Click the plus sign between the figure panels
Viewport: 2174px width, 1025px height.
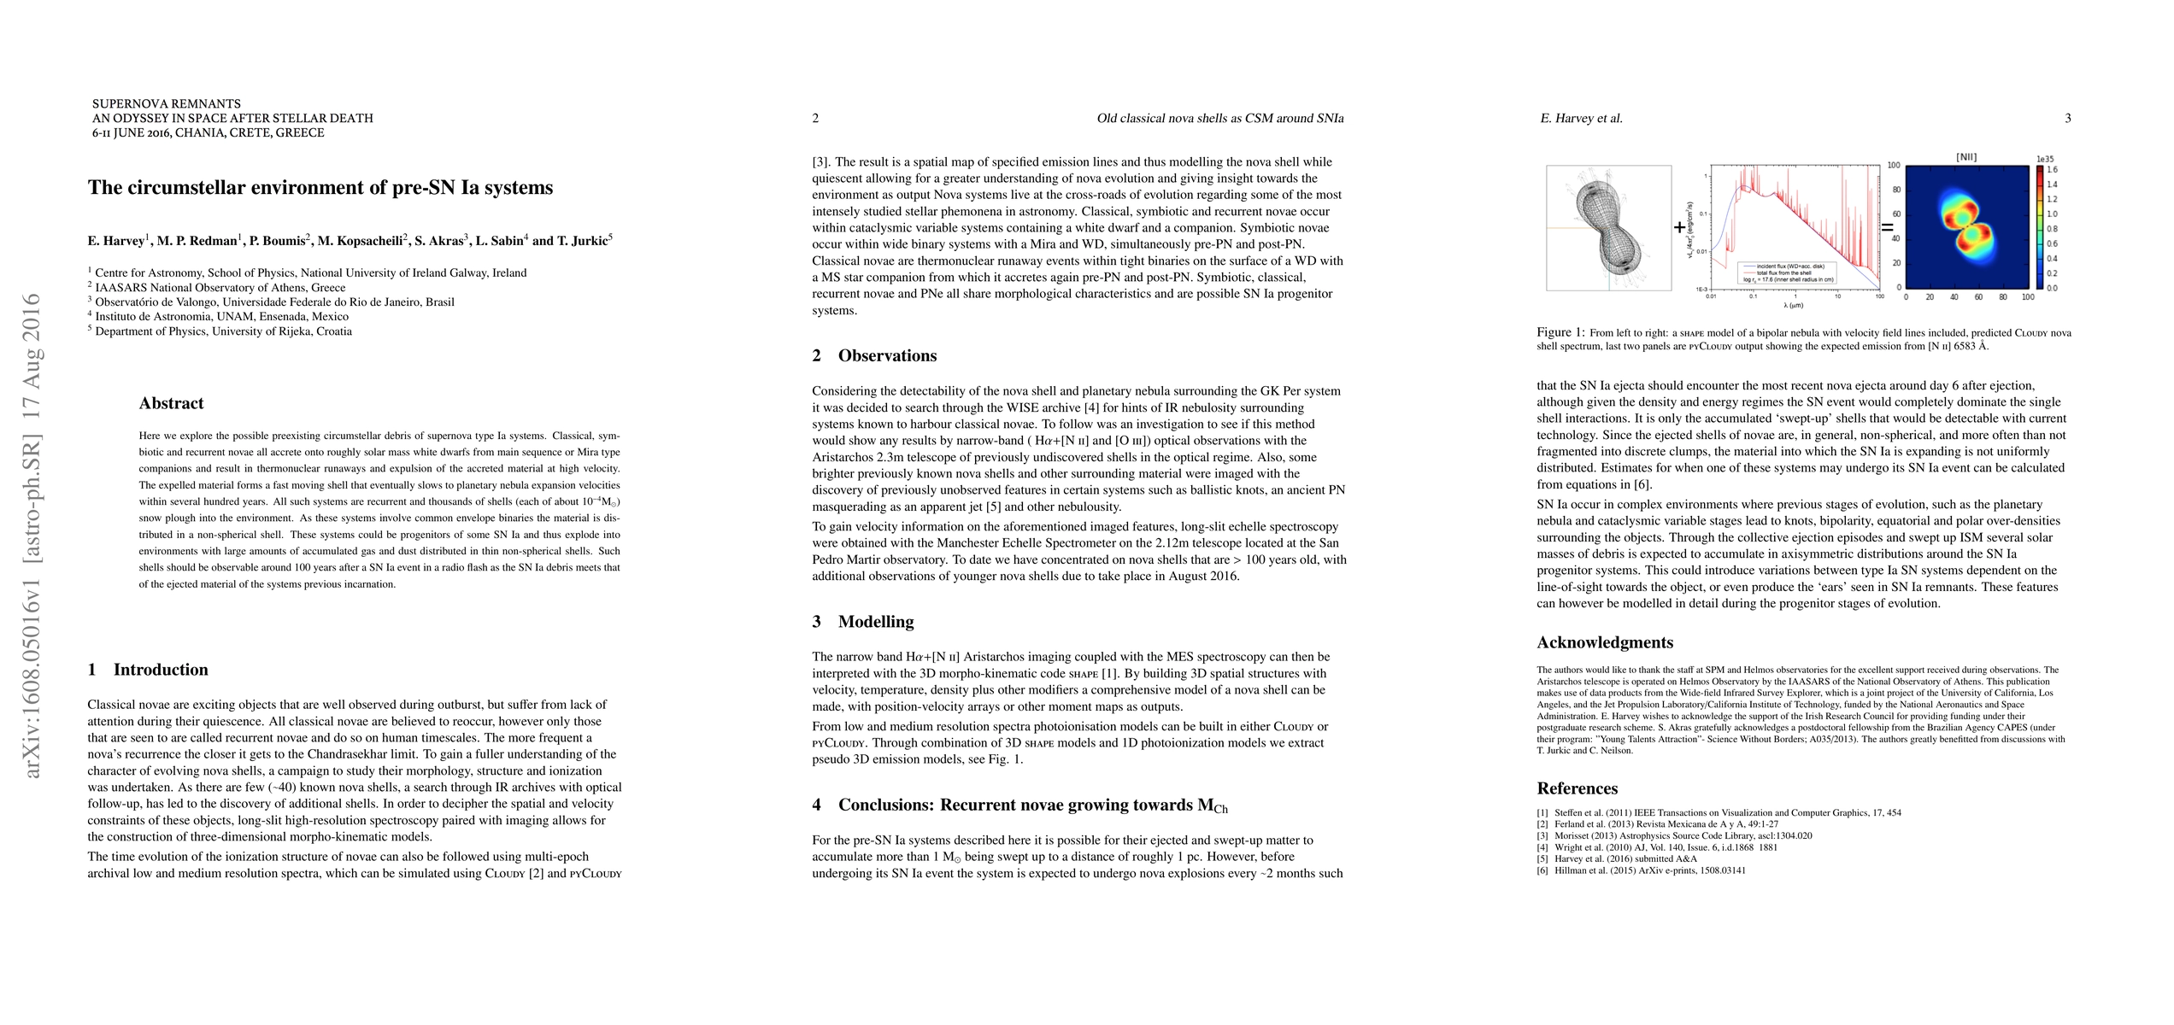[x=1680, y=227]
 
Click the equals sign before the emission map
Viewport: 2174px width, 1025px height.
[x=1887, y=228]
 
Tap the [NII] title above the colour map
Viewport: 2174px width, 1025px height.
[x=1965, y=157]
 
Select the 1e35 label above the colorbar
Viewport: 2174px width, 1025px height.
[x=2045, y=159]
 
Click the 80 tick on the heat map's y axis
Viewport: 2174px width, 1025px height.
[x=1894, y=190]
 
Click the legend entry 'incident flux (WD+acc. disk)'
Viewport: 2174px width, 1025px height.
[x=1785, y=266]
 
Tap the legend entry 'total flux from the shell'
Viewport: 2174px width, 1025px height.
[x=1777, y=272]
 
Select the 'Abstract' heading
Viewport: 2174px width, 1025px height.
[x=171, y=403]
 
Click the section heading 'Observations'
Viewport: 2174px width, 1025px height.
[x=887, y=356]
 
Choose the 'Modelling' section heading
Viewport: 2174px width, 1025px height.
[x=875, y=622]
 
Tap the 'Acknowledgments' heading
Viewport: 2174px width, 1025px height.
[x=1605, y=642]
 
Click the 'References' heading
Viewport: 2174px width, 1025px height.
[x=1577, y=788]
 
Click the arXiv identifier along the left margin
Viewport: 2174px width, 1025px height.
[x=32, y=536]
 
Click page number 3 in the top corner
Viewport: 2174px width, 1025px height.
[x=2067, y=119]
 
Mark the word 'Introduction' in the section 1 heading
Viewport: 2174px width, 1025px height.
[x=161, y=670]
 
